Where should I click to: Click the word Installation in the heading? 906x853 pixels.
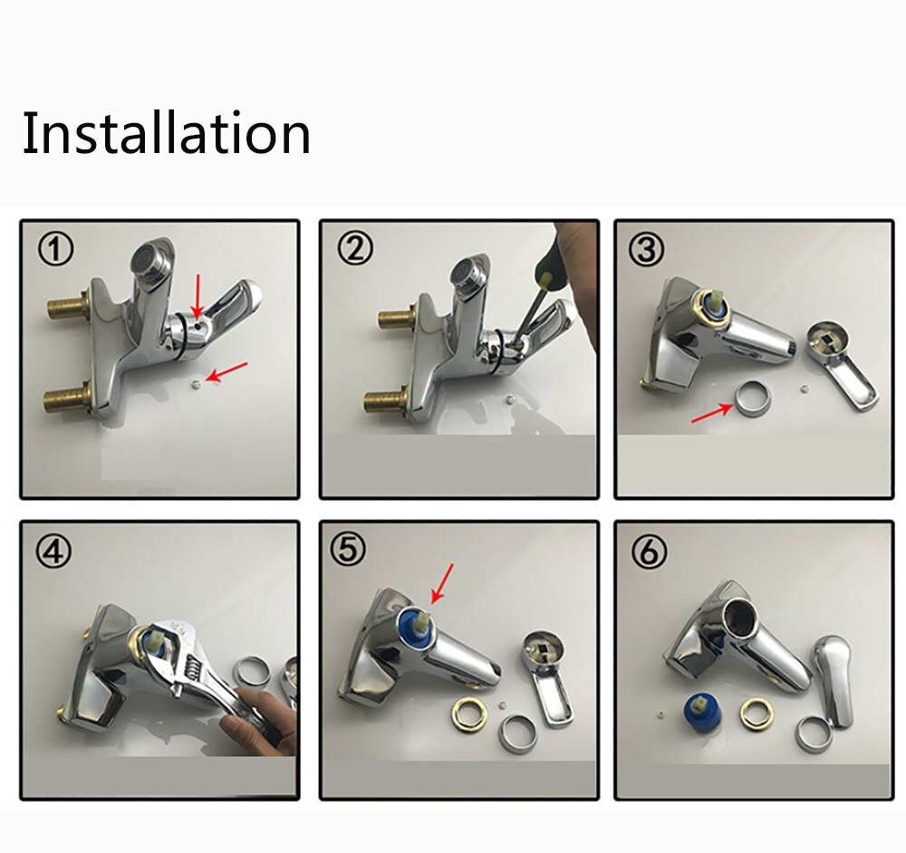click(167, 132)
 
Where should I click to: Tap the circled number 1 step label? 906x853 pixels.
click(56, 250)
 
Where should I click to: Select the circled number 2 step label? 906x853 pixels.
click(355, 250)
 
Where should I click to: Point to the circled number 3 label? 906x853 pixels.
click(647, 250)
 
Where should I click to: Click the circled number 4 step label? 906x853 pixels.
click(54, 551)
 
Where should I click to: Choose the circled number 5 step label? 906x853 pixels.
click(348, 550)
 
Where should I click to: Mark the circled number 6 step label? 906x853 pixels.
click(649, 551)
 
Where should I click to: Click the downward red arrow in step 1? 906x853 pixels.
click(198, 296)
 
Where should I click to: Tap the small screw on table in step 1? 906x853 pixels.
click(196, 383)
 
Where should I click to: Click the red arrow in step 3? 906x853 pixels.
click(712, 413)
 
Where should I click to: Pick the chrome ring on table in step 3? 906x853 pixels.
click(752, 398)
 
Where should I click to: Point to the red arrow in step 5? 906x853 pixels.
click(442, 584)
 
